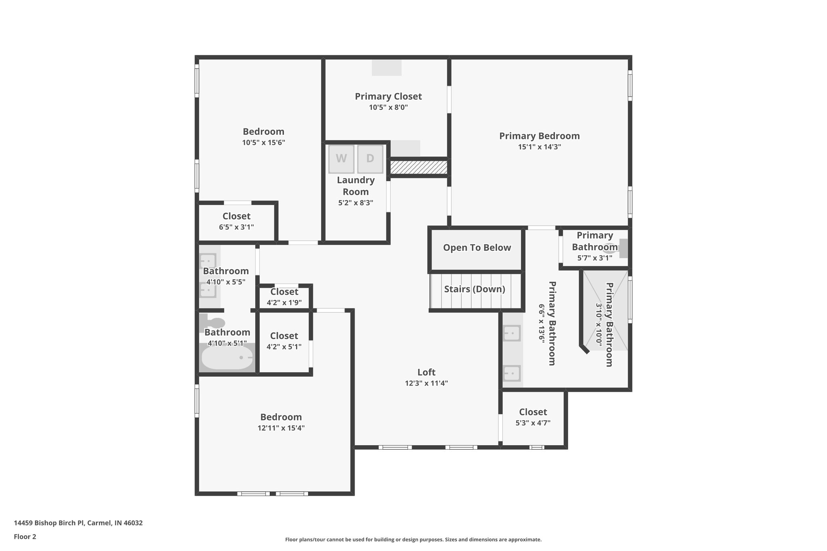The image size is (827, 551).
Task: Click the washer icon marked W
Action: coord(341,159)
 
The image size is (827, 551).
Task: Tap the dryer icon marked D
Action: coord(370,159)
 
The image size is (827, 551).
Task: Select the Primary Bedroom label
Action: coord(539,136)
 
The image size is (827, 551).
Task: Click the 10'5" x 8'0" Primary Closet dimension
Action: coord(388,107)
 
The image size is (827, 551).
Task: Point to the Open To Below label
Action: coord(477,248)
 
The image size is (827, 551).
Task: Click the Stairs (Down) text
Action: coord(474,289)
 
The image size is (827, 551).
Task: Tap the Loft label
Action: coord(426,372)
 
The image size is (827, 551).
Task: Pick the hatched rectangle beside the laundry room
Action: coord(419,167)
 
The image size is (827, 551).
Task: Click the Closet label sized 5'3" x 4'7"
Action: coord(533,412)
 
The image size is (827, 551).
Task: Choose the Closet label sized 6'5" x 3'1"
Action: coord(236,216)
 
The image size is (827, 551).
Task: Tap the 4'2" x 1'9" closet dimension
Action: coord(284,303)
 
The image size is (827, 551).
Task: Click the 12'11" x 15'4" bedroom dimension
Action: coord(281,428)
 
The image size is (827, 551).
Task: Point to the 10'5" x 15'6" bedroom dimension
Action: coord(263,142)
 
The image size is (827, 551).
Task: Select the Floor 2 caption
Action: coord(25,536)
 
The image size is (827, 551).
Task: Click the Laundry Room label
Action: coord(356,186)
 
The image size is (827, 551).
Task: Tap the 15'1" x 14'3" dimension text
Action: coord(539,147)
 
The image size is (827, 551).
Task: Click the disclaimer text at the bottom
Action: coord(413,539)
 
